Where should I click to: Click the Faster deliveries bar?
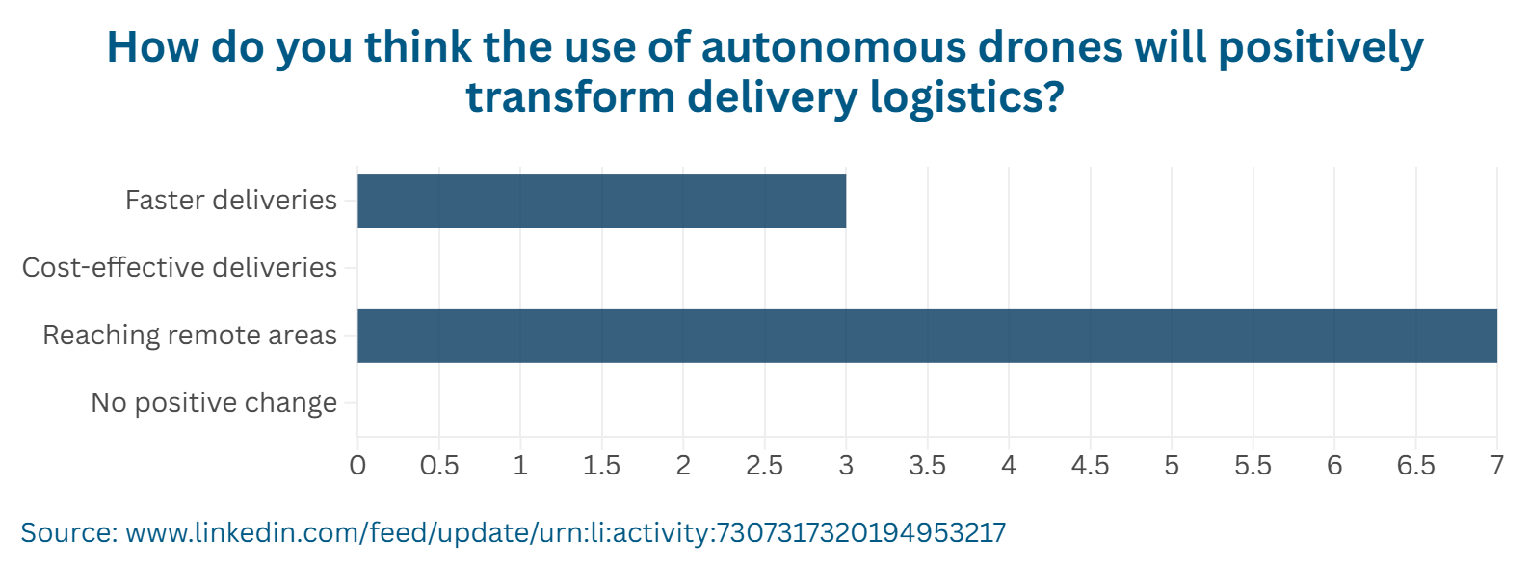click(x=601, y=201)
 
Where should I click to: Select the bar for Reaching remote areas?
click(x=927, y=336)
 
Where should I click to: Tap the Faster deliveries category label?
click(x=231, y=201)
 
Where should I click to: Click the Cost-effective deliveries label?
click(x=179, y=268)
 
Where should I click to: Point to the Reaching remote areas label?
click(x=190, y=336)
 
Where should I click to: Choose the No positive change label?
click(x=214, y=403)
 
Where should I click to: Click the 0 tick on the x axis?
click(x=357, y=467)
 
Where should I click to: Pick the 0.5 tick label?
click(x=439, y=467)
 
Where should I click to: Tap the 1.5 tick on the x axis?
click(x=602, y=467)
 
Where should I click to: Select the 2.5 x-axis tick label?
click(x=765, y=467)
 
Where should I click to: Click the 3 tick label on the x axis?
click(x=846, y=467)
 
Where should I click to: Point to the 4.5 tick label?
click(x=1091, y=467)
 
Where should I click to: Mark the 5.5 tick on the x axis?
click(x=1253, y=467)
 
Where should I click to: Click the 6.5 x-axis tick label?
click(x=1416, y=467)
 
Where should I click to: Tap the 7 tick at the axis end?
click(x=1496, y=467)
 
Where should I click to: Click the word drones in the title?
click(x=1050, y=47)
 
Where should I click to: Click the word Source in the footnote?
click(x=67, y=533)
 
